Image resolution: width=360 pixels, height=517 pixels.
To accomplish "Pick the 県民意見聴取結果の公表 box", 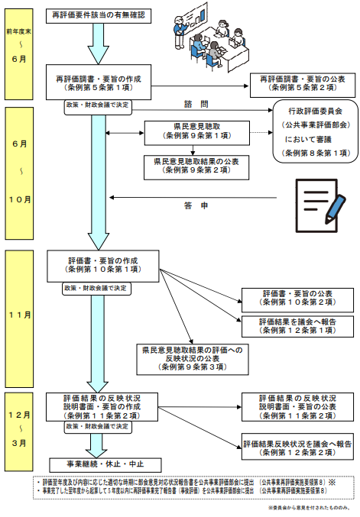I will [196, 165].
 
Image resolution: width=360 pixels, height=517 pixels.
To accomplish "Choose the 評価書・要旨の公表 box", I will [297, 296].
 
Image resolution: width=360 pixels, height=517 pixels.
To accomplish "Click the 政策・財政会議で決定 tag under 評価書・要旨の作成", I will [97, 288].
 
